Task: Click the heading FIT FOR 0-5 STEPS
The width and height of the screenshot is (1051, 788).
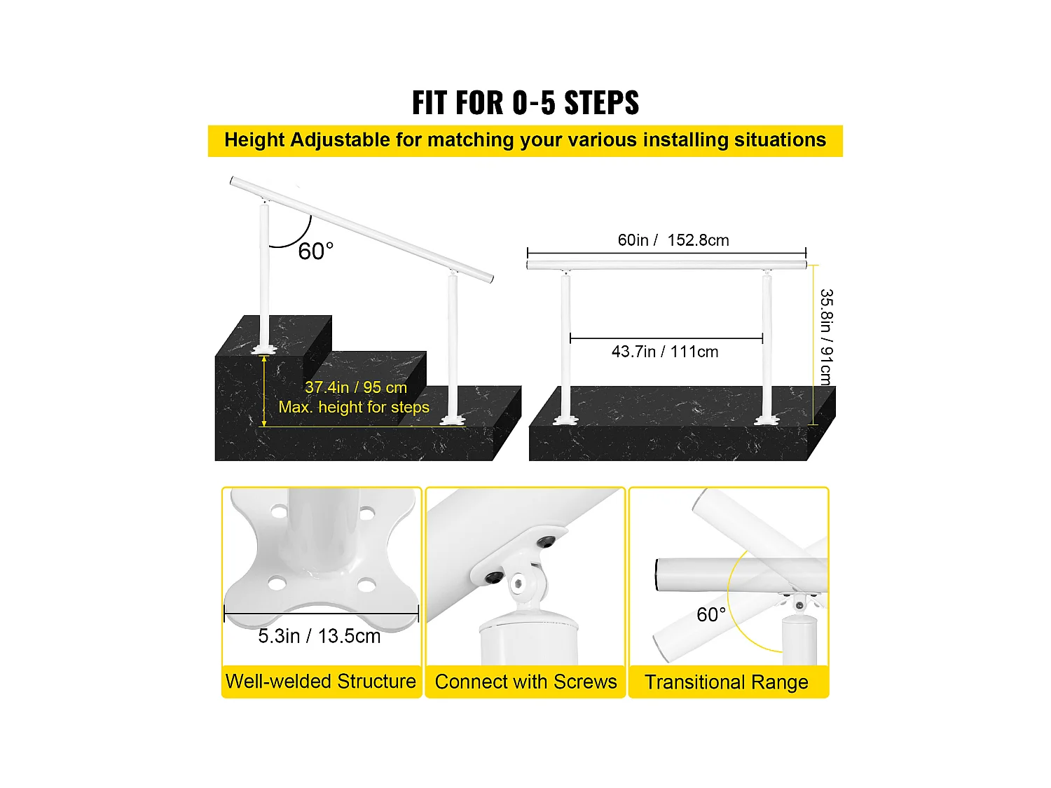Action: (525, 103)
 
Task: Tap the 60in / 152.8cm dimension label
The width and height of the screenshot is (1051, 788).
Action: (673, 240)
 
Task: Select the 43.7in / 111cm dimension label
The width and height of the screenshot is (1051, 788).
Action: (664, 352)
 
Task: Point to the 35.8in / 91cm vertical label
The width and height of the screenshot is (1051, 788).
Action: (826, 337)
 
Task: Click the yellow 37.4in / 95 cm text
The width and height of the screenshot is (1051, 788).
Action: (355, 387)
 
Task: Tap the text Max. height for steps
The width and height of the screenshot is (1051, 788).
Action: (354, 407)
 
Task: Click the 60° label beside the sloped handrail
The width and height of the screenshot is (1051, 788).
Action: (315, 251)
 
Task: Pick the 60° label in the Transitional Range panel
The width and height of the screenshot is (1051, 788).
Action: (710, 615)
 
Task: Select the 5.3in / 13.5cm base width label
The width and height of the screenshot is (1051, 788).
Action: (319, 636)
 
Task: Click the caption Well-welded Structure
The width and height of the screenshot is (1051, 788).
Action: (320, 682)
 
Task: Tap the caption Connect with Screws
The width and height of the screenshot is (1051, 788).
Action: (525, 682)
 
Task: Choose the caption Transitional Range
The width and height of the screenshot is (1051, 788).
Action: (726, 682)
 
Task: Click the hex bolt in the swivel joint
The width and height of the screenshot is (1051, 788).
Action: (518, 583)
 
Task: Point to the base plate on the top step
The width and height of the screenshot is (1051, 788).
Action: (264, 348)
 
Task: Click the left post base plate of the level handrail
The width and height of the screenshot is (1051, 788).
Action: (565, 420)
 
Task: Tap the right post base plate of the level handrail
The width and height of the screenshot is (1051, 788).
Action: (767, 420)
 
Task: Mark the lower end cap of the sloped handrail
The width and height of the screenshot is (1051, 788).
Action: (491, 279)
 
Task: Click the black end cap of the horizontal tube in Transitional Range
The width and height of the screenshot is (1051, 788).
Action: (658, 574)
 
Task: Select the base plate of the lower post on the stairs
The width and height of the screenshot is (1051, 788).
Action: (452, 420)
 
